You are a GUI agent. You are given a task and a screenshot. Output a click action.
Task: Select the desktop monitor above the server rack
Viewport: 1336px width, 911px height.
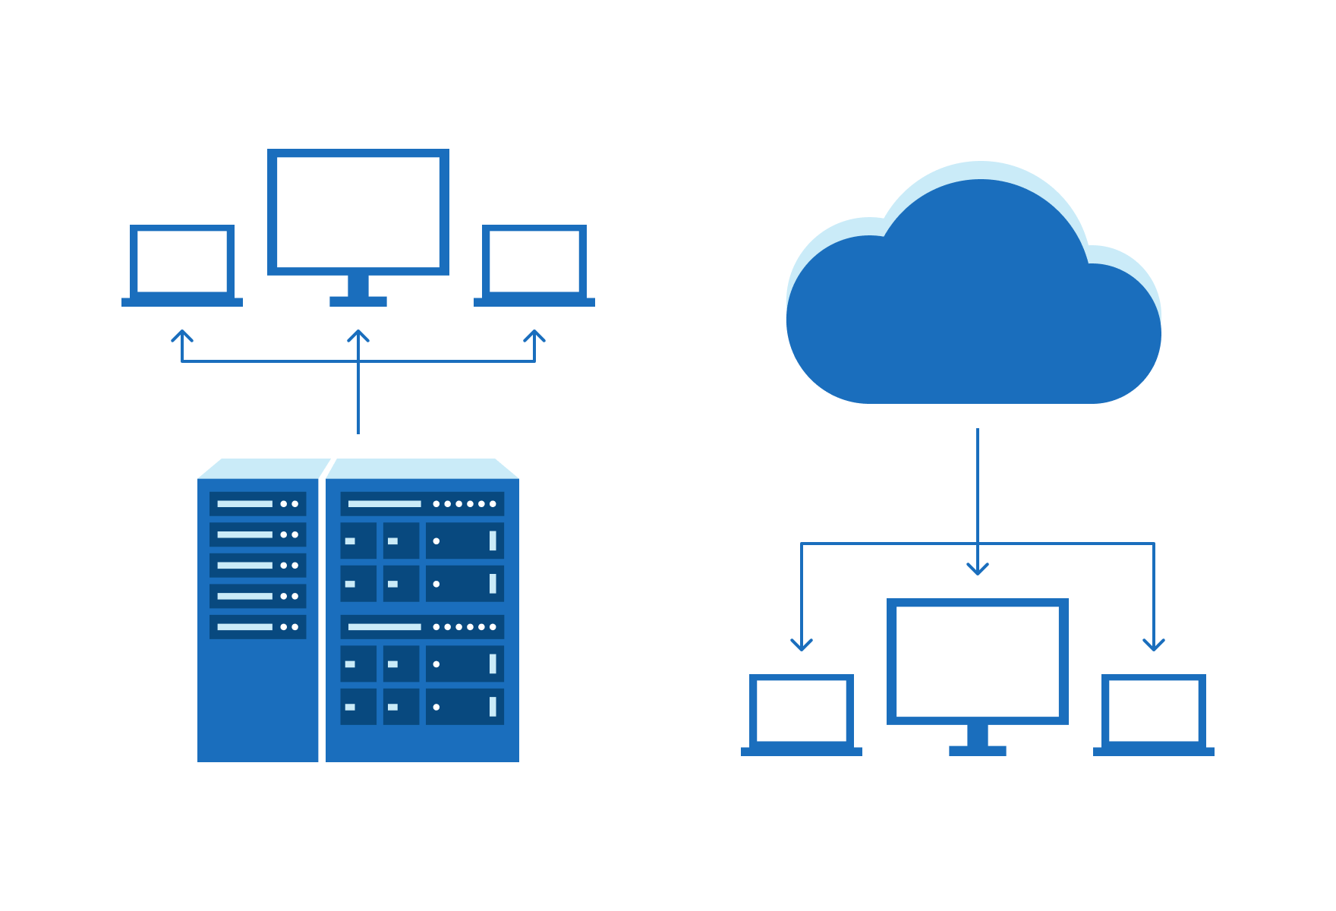pos(358,213)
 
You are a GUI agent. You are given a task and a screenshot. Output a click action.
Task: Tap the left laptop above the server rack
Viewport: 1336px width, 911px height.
pos(182,262)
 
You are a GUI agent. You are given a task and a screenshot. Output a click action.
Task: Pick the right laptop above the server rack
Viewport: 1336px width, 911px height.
pos(534,262)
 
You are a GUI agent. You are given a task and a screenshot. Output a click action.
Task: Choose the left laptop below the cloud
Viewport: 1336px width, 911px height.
pos(802,711)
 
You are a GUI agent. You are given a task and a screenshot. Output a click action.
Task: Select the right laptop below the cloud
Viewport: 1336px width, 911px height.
pos(1154,711)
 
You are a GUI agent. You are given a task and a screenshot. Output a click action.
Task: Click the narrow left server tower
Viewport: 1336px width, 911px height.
pos(257,683)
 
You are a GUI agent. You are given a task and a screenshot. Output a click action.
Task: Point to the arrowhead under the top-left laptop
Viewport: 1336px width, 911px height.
pos(182,336)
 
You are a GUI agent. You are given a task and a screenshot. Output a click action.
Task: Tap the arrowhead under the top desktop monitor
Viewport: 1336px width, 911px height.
pos(358,336)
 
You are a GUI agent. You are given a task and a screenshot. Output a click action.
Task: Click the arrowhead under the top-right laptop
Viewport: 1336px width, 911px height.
pos(534,336)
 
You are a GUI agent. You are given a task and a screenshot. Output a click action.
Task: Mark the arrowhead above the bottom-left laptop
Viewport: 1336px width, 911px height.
pos(802,645)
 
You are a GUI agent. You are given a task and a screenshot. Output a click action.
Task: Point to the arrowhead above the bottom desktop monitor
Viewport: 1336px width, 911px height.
pos(978,569)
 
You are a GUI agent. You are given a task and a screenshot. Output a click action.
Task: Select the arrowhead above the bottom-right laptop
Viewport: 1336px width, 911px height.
pos(1154,645)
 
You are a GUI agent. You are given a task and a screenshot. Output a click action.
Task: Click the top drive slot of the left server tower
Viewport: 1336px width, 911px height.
pos(258,504)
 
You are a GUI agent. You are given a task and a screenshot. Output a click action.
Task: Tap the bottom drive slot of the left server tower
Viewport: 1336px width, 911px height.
pos(258,627)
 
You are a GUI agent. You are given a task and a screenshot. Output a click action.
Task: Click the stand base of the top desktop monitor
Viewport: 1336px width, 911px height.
pos(358,301)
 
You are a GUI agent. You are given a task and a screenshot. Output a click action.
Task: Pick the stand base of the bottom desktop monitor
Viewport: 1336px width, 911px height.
pos(978,751)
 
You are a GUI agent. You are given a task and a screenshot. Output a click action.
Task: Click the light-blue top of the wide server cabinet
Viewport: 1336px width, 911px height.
pos(422,468)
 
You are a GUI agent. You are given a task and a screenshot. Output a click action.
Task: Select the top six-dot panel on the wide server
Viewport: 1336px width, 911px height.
pos(422,504)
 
